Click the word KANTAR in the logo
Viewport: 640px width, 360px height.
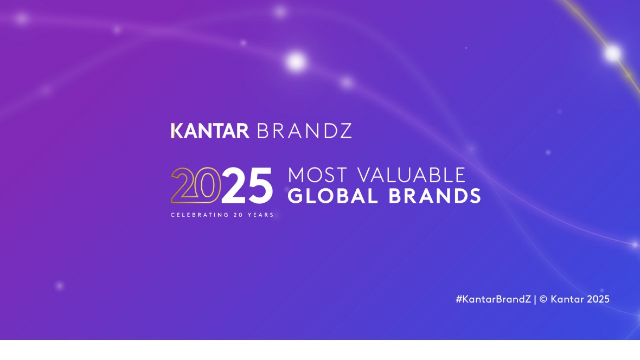(210, 131)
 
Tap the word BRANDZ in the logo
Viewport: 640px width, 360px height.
(304, 131)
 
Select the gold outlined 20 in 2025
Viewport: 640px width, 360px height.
(196, 185)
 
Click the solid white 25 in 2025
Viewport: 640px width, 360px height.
(247, 185)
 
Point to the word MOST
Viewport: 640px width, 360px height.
(317, 176)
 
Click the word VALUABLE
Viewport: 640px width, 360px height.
(412, 176)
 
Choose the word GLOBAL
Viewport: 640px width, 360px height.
(332, 196)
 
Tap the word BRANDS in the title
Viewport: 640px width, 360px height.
(434, 196)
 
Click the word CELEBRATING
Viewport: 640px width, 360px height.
(200, 215)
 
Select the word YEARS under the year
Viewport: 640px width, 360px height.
(260, 215)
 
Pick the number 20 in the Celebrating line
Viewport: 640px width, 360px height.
(238, 215)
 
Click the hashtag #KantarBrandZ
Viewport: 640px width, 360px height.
(493, 299)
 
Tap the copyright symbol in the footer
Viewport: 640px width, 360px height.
(543, 299)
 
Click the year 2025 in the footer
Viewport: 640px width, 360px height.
(598, 299)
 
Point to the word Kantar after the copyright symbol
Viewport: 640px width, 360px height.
(567, 299)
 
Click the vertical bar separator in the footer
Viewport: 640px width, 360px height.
(535, 300)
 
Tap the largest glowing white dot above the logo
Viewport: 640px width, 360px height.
(296, 62)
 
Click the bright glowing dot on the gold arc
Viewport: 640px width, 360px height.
(612, 53)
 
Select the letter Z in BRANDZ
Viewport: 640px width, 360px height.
(345, 131)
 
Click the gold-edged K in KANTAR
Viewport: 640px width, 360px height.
(177, 131)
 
